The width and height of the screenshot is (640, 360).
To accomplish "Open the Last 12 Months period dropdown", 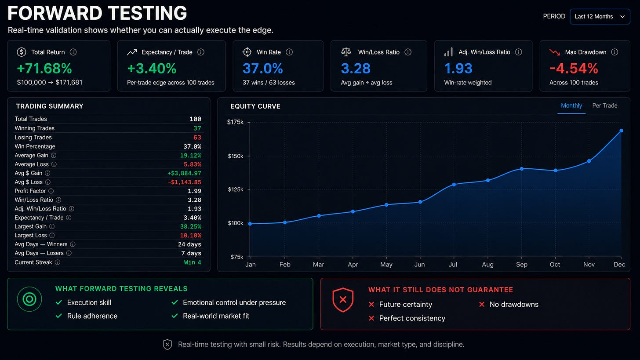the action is pos(600,17).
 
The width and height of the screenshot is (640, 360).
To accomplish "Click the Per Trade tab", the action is pos(604,105).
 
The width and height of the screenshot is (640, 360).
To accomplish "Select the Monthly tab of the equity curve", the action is pos(571,105).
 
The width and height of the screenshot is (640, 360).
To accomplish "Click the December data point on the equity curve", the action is pos(621,131).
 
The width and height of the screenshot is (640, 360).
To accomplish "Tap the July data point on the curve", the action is pos(454,185).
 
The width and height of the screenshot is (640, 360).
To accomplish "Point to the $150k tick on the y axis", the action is pos(236,156).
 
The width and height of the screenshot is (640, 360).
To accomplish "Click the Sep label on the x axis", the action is pos(521,265).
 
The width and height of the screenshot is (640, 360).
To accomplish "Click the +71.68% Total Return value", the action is pos(44,69).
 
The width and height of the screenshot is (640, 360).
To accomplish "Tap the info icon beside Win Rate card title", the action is pos(289,52).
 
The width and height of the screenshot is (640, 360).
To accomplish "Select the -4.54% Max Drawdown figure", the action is pos(574,69).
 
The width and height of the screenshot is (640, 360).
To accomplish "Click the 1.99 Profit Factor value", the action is pos(194,191).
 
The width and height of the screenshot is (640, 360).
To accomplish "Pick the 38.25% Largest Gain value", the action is pos(191,226).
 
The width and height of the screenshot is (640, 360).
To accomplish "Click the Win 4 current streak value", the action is pos(193,262).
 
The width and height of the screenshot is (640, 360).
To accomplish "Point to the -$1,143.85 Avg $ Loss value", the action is pos(185,182).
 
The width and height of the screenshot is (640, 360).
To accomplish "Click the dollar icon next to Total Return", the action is pos(22,52).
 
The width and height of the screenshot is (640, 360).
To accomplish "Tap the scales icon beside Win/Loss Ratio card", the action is pos(346,52).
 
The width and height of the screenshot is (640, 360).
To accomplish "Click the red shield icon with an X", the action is pos(343,300).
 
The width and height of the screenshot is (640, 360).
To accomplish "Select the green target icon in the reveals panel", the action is pos(29,299).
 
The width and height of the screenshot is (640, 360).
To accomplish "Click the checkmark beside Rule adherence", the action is pos(59,316).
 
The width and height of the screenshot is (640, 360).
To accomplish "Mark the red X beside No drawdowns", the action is pos(482,304).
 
